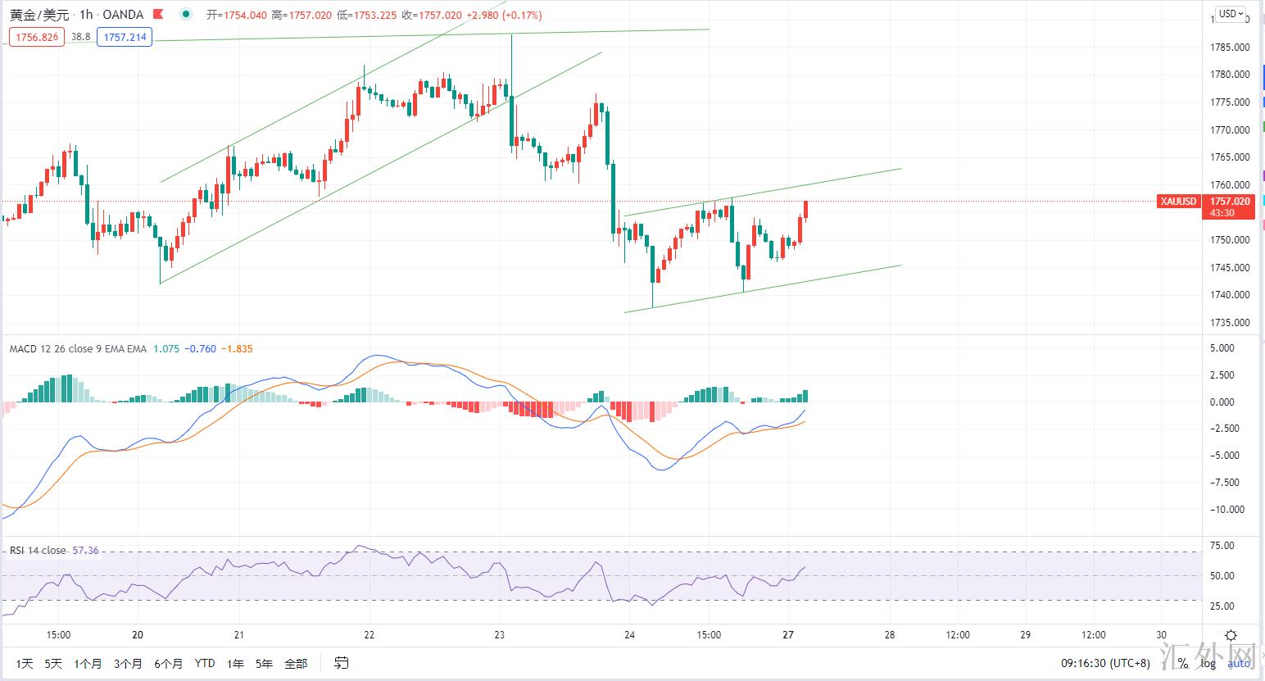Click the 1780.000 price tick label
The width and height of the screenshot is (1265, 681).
[1230, 75]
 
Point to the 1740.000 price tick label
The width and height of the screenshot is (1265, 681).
[1230, 295]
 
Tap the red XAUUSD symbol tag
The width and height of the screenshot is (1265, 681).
[1178, 202]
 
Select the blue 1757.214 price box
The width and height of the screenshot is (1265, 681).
[125, 37]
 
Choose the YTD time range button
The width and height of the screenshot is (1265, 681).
[205, 664]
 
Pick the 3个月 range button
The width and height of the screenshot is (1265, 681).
[128, 664]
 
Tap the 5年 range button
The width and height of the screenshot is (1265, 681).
[264, 664]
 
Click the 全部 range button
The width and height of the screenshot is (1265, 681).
[296, 664]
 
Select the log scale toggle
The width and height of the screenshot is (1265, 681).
[1209, 663]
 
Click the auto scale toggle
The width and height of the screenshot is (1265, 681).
[1238, 663]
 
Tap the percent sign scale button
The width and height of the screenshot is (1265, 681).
[1182, 663]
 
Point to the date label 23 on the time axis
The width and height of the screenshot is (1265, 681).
[500, 635]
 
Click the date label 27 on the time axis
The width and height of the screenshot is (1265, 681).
[788, 635]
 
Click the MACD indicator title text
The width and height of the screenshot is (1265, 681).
[78, 349]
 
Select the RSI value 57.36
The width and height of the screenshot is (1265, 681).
[85, 551]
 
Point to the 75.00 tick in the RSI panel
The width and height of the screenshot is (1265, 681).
[1222, 546]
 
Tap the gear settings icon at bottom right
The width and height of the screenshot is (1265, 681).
[1231, 635]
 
